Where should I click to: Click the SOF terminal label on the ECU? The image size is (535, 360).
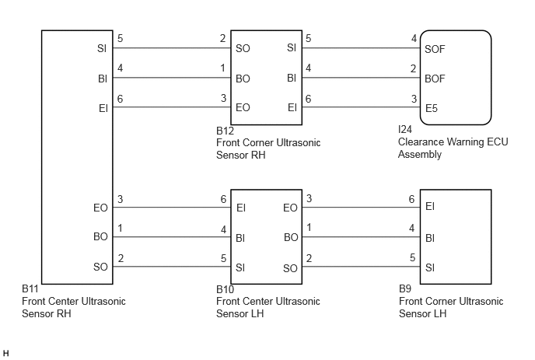435,49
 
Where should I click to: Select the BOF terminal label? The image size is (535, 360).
435,79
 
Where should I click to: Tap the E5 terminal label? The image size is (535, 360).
432,108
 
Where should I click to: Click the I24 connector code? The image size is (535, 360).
405,129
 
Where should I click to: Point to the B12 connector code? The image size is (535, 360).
226,131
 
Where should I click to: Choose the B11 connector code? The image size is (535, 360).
30,288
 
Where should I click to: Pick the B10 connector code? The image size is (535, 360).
226,289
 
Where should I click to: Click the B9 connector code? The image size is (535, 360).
405,288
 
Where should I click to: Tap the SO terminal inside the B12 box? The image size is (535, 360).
243,48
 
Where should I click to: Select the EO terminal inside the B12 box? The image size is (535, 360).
243,107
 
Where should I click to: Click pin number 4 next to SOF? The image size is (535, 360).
414,38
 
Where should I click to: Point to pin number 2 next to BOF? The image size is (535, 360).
413,68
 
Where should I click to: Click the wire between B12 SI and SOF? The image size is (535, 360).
361,47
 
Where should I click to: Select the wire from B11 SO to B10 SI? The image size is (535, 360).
172,267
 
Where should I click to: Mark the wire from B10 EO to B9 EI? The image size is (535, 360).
361,207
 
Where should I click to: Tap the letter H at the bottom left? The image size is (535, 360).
5,353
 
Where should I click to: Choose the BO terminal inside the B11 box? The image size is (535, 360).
100,236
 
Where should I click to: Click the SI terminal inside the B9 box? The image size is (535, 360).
430,267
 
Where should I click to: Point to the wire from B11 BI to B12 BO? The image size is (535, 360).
172,78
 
